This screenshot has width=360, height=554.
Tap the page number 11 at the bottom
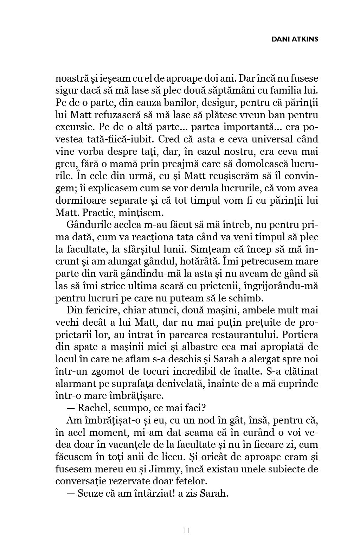[187, 530]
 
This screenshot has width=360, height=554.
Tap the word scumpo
[129, 408]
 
